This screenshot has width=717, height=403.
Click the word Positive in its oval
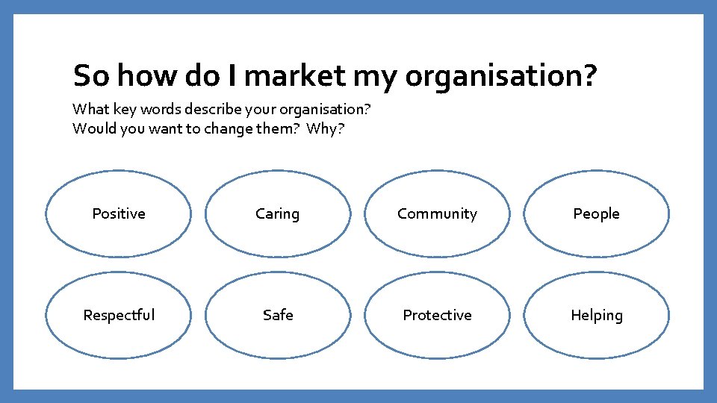click(118, 214)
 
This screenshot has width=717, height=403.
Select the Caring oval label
click(277, 214)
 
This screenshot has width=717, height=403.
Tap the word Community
click(437, 214)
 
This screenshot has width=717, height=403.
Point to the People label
click(596, 214)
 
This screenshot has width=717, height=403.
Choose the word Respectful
click(119, 315)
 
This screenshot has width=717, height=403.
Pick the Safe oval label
click(278, 315)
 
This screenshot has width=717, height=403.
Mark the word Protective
click(437, 315)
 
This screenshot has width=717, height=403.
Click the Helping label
click(596, 316)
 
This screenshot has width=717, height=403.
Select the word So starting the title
click(91, 76)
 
